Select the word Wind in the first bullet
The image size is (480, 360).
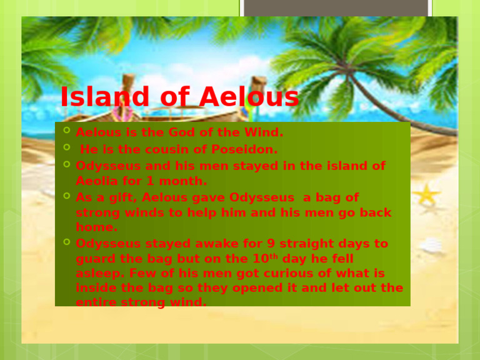click(266, 133)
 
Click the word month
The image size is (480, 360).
click(186, 181)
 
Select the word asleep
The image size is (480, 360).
click(96, 274)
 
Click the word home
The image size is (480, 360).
click(96, 227)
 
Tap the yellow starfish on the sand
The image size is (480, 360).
click(426, 195)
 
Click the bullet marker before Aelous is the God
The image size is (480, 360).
click(67, 132)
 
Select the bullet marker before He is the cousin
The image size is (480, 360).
click(67, 149)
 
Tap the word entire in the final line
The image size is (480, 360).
click(96, 302)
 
